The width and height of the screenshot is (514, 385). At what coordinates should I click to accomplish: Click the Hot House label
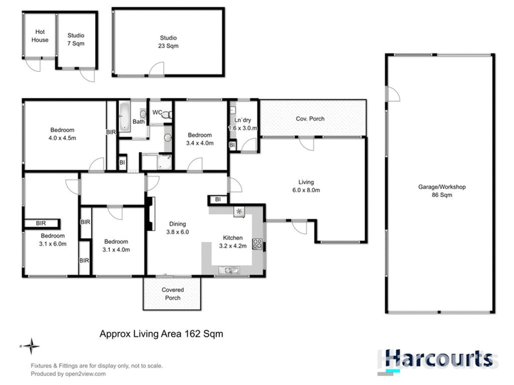click(40, 36)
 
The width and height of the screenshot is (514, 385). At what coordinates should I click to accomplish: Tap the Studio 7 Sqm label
click(76, 39)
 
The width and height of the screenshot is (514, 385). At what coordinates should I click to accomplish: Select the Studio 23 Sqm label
click(168, 42)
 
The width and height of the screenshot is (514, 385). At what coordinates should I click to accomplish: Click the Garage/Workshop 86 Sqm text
click(441, 191)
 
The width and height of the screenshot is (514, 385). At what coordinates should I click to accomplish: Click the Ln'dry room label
click(243, 124)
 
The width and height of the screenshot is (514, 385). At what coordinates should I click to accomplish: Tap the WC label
click(156, 113)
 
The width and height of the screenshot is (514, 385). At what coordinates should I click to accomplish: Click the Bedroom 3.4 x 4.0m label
click(199, 139)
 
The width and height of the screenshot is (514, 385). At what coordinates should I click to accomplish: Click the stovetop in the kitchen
click(257, 243)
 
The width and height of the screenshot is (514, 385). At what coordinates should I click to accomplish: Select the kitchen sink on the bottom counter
click(228, 271)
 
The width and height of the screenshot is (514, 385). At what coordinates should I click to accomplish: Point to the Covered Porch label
click(172, 294)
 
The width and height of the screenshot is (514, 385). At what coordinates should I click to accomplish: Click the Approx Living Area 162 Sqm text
click(160, 334)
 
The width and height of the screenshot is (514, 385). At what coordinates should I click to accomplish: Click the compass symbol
click(27, 346)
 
